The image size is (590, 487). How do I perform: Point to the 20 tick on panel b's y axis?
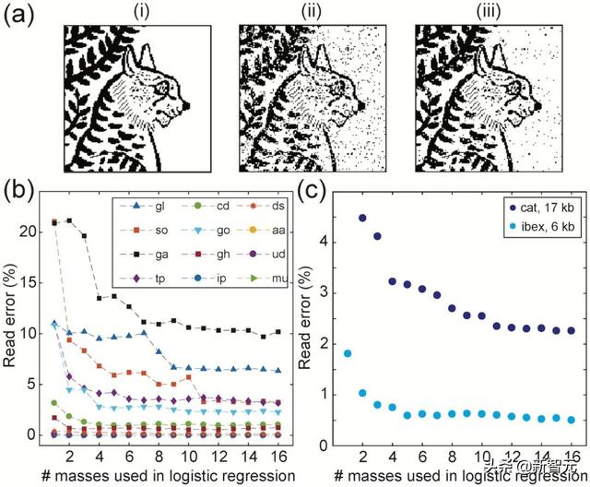pyautogui.click(x=38, y=231)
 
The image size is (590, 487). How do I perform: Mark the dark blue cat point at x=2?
pyautogui.click(x=362, y=219)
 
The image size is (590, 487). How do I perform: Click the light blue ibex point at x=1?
pyautogui.click(x=348, y=353)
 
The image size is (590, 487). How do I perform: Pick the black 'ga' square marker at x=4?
pyautogui.click(x=100, y=297)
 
